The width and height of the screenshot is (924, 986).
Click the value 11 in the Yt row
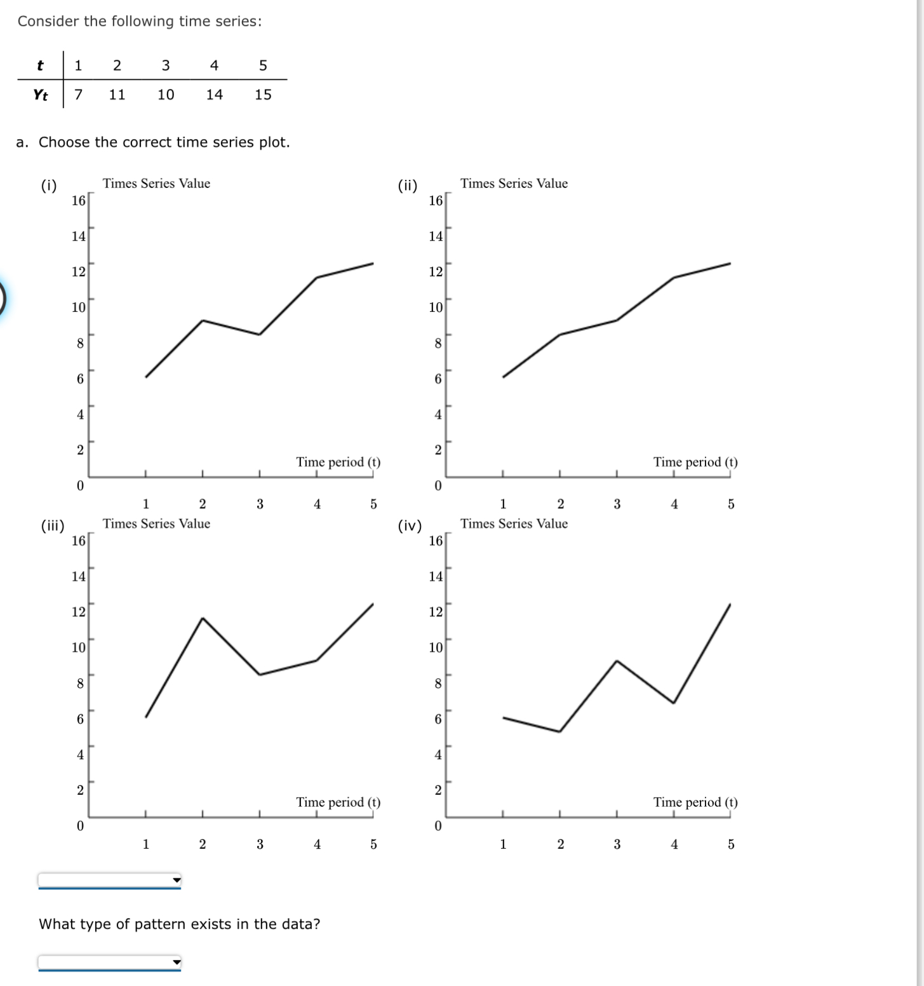[x=117, y=95]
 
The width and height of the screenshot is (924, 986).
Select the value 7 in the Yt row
[x=78, y=95]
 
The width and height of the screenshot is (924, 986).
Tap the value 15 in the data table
[x=263, y=95]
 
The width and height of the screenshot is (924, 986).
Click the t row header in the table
[x=40, y=65]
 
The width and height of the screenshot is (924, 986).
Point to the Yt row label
[x=40, y=95]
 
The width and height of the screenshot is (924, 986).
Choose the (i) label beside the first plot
[x=49, y=186]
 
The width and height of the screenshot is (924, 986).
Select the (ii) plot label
[x=408, y=186]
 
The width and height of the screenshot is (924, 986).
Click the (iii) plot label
[x=53, y=525]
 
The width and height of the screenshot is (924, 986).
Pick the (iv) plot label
[x=410, y=525]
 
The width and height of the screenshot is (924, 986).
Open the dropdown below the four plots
[x=110, y=880]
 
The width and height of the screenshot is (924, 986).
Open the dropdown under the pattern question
[x=110, y=962]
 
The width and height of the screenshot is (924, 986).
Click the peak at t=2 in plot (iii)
[x=203, y=618]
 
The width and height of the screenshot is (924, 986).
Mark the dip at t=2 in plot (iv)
[x=559, y=731]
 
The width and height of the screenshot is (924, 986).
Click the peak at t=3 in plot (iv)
[x=617, y=661]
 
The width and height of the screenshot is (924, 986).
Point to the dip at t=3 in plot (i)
[x=259, y=334]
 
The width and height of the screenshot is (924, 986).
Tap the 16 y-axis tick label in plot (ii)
[x=436, y=201]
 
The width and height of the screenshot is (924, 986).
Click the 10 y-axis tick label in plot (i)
[x=78, y=307]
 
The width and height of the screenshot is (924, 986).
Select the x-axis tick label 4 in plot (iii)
[x=317, y=844]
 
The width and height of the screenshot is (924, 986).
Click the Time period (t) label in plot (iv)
[x=695, y=802]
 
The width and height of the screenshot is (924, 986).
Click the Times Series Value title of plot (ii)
[x=514, y=184]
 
